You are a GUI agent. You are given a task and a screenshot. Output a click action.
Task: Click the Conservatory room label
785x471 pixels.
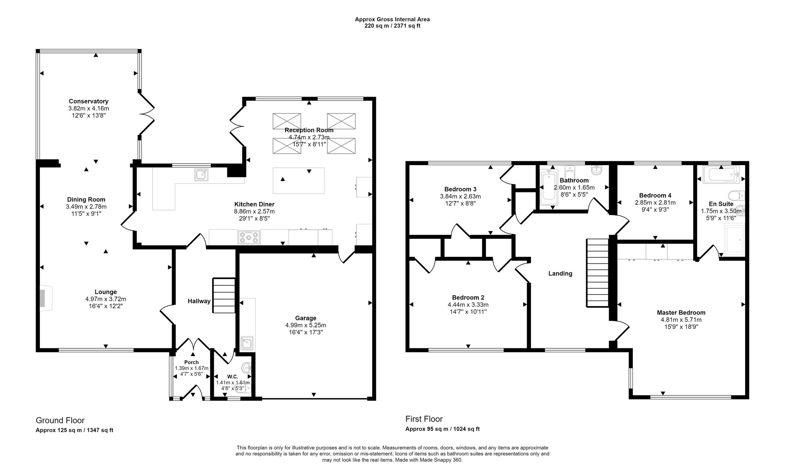point(89,102)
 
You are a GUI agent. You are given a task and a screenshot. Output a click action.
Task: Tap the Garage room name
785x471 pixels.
point(305,318)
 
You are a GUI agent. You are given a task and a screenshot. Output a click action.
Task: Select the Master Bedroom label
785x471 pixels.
point(681,313)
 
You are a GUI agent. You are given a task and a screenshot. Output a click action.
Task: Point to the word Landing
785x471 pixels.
point(560,274)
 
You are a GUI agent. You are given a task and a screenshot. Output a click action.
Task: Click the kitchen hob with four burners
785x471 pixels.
point(249,237)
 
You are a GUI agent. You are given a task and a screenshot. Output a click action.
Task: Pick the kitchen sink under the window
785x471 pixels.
point(201,175)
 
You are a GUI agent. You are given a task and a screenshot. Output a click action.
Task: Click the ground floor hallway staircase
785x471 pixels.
point(224,296)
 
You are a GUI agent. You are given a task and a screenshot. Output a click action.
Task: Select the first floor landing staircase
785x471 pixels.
point(598,273)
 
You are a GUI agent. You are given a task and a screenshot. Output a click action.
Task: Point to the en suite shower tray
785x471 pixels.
point(734,240)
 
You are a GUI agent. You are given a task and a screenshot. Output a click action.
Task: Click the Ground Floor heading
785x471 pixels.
point(60,420)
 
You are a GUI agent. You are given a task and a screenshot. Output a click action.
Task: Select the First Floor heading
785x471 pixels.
point(424,419)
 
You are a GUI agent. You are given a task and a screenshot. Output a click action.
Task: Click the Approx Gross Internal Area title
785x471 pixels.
point(392,19)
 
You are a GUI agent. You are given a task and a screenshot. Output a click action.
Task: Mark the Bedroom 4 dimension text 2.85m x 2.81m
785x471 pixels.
point(655,203)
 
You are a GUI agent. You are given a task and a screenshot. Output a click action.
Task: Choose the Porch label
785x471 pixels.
point(192,363)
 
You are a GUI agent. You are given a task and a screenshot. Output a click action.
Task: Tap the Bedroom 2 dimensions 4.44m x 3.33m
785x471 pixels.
point(468,305)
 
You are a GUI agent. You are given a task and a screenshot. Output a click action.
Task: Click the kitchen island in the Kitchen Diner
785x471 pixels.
point(299,181)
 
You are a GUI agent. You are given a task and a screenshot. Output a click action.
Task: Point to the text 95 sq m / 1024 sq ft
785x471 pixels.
point(454,429)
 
